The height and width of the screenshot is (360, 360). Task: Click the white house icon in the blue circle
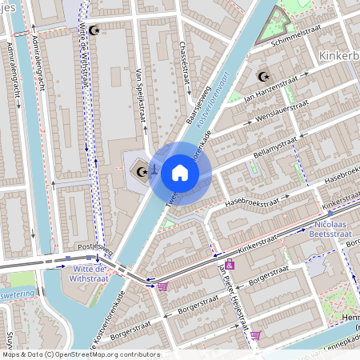(180, 173)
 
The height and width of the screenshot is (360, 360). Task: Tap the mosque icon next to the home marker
(143, 170)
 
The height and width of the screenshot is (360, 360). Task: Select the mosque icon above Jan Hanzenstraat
(262, 77)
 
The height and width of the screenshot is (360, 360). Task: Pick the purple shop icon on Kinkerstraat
(230, 264)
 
